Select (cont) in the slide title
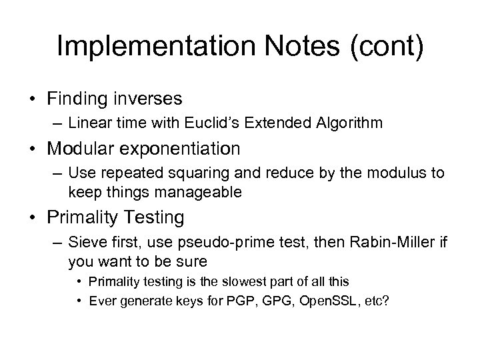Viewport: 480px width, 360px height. click(386, 47)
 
